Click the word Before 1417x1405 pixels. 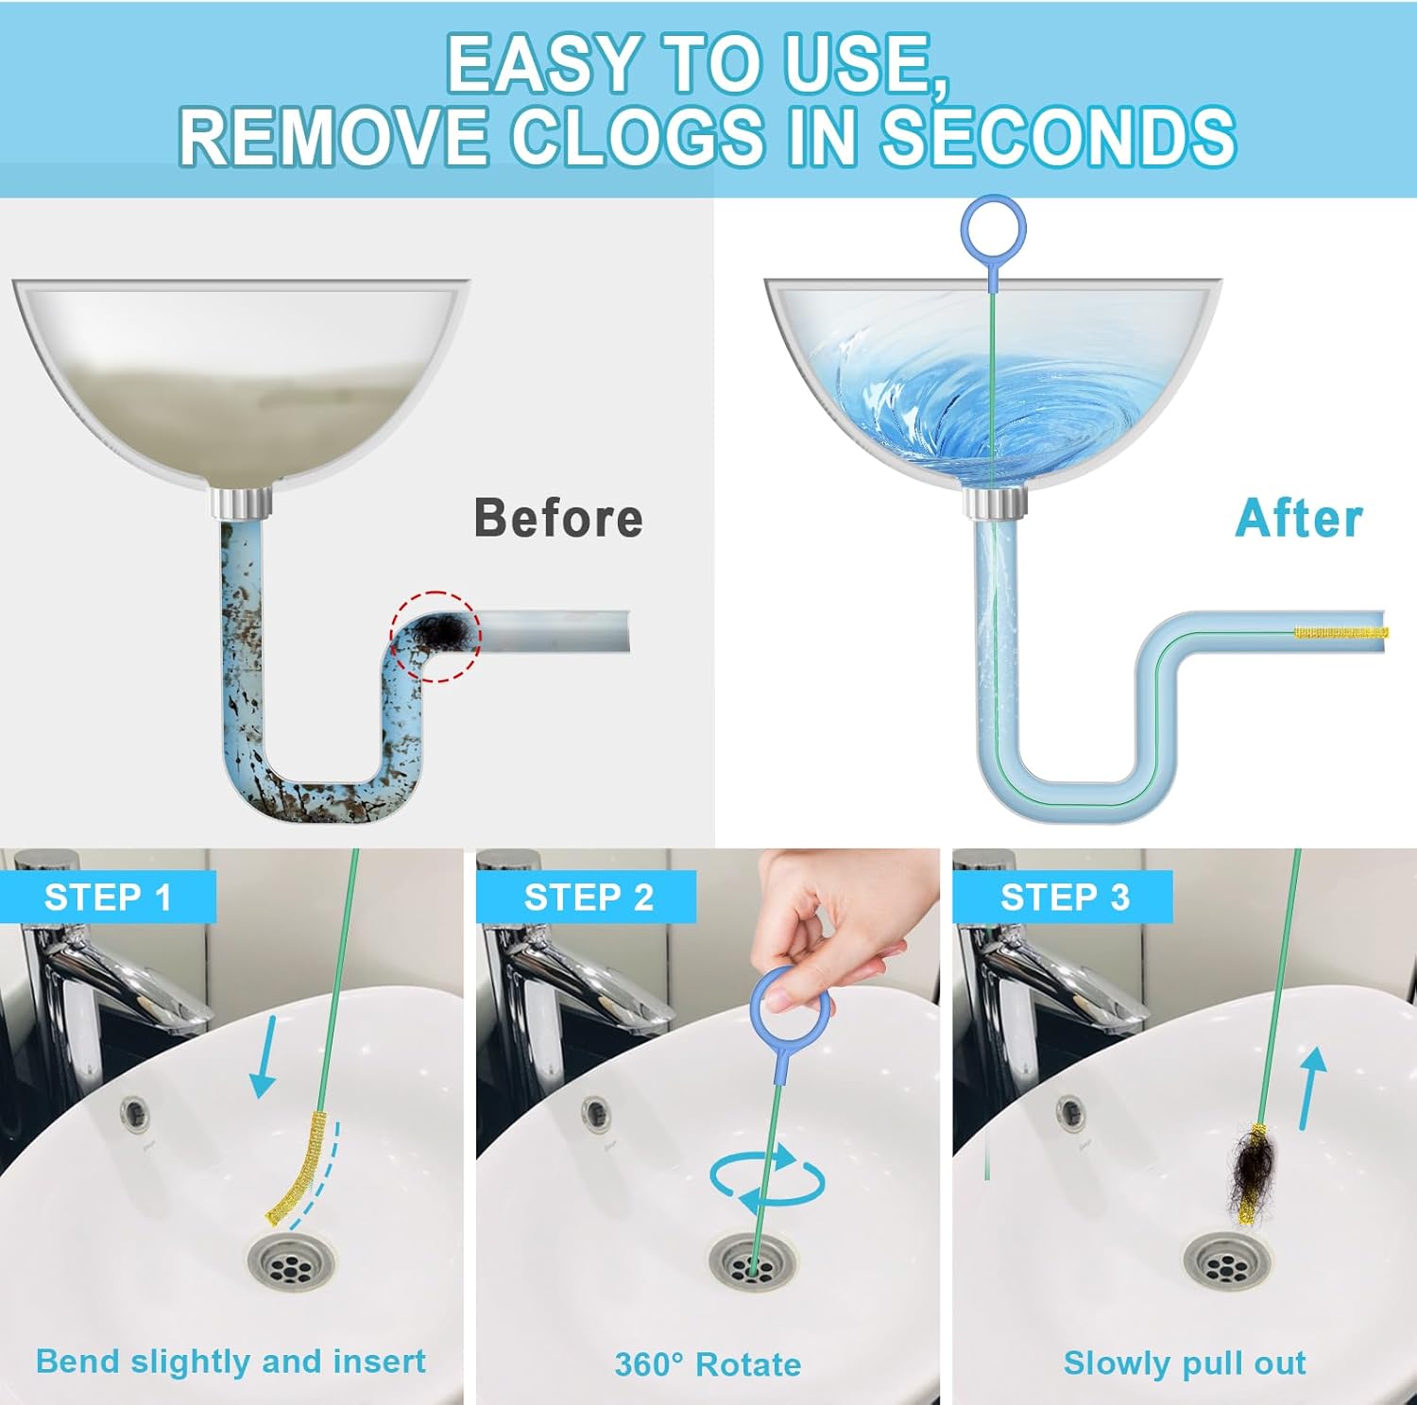pos(558,518)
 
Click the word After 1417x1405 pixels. pos(1299,518)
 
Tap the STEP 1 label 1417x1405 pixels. pos(108,897)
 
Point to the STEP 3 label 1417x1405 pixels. pos(1065,897)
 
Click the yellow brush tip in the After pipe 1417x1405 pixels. pos(1340,632)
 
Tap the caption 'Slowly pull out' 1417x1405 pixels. pos(1185,1362)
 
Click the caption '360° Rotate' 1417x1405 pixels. pos(708,1363)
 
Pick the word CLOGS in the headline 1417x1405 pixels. pos(638,134)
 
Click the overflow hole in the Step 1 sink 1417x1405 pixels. pos(135,1109)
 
